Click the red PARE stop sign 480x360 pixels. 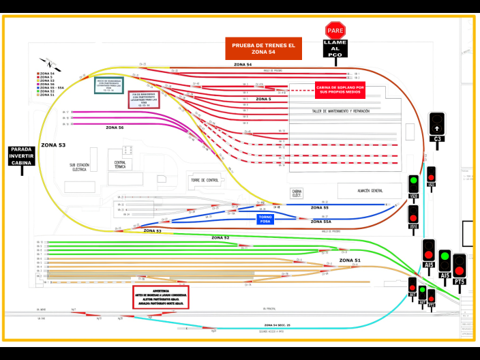click(335, 30)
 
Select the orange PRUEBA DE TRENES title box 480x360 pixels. click(263, 48)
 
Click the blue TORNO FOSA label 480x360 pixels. click(265, 219)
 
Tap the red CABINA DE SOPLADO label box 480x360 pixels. click(340, 89)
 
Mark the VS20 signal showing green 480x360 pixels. click(413, 185)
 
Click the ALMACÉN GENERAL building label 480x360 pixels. click(369, 191)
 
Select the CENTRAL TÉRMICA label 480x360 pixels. click(120, 164)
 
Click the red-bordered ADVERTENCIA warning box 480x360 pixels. click(161, 297)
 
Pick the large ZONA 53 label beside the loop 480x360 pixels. click(53, 145)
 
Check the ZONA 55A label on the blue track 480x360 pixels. click(321, 222)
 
